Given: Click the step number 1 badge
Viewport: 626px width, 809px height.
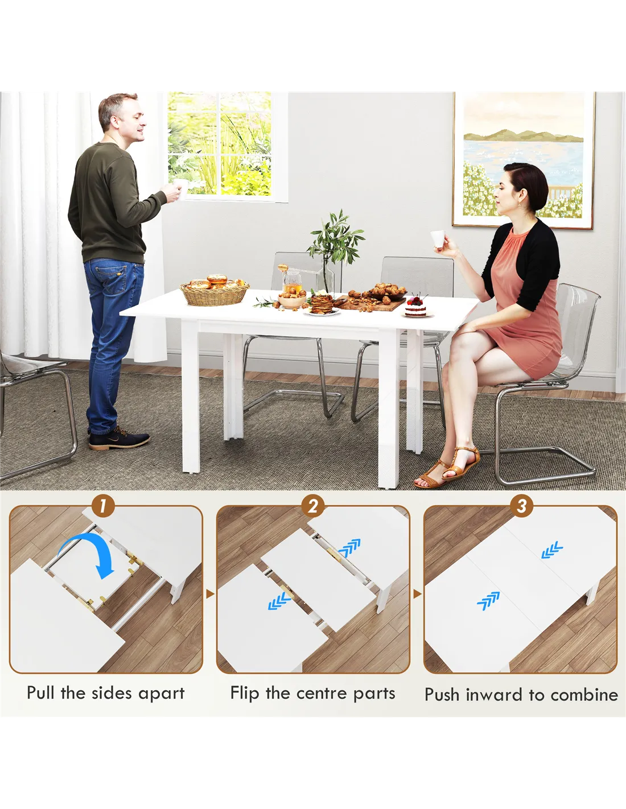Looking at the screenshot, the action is pyautogui.click(x=102, y=506).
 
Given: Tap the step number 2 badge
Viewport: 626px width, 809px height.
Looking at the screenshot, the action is pyautogui.click(x=313, y=506).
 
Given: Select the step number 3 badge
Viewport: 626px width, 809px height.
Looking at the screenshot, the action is pyautogui.click(x=521, y=506).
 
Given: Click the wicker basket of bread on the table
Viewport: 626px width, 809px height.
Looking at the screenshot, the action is pyautogui.click(x=215, y=292).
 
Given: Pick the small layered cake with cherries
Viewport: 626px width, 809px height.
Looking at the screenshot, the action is pyautogui.click(x=415, y=307).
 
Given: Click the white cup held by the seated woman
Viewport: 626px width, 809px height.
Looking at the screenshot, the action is pyautogui.click(x=438, y=238).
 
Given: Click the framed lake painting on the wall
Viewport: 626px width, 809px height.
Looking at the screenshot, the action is pyautogui.click(x=524, y=159).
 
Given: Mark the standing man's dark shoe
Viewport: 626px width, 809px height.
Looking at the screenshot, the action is pyautogui.click(x=119, y=439).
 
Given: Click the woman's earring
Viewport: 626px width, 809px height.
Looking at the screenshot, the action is pyautogui.click(x=519, y=205).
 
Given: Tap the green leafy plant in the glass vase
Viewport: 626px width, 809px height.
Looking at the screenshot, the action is pyautogui.click(x=335, y=238).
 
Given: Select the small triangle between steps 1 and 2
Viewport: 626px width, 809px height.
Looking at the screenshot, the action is pyautogui.click(x=211, y=594).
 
